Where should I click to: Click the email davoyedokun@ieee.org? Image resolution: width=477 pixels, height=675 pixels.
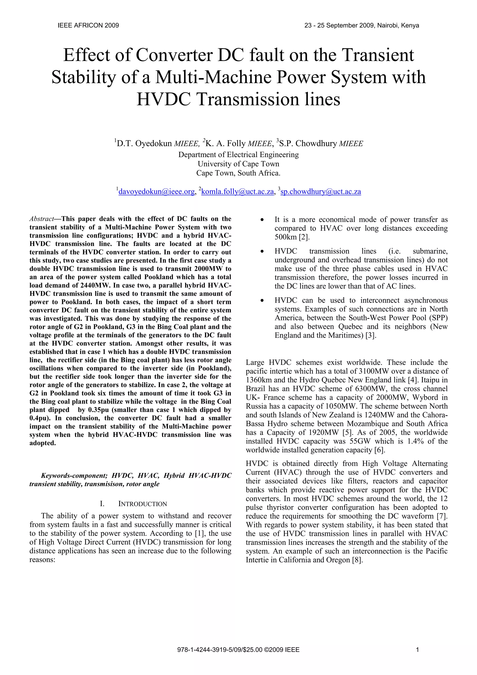coord(156,192)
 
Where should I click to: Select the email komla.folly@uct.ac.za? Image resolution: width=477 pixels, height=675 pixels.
coord(238,192)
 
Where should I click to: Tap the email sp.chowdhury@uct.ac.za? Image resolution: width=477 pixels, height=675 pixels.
coord(321,192)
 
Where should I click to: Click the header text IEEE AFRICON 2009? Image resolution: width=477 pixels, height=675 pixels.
coord(88,26)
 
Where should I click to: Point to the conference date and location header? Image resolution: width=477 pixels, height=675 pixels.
coord(361,26)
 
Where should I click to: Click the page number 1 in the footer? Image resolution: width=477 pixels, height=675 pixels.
coord(417,650)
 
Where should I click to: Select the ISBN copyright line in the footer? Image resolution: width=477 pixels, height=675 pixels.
coord(238,650)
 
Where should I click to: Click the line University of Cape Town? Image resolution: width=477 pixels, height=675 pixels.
coord(238,164)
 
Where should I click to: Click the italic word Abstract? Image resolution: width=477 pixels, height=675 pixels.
coord(41,219)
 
